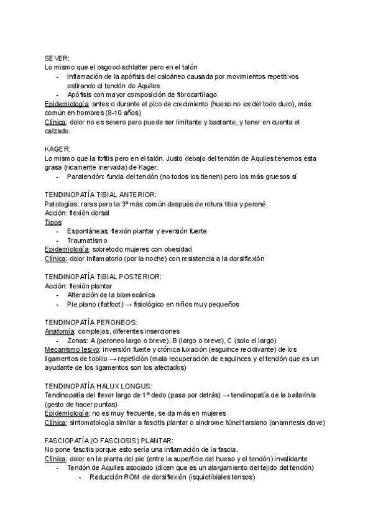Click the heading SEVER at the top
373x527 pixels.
point(57,57)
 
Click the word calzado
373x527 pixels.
point(58,131)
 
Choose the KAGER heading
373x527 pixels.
point(58,149)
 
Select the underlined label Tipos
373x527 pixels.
point(53,222)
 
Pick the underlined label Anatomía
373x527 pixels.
point(60,331)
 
